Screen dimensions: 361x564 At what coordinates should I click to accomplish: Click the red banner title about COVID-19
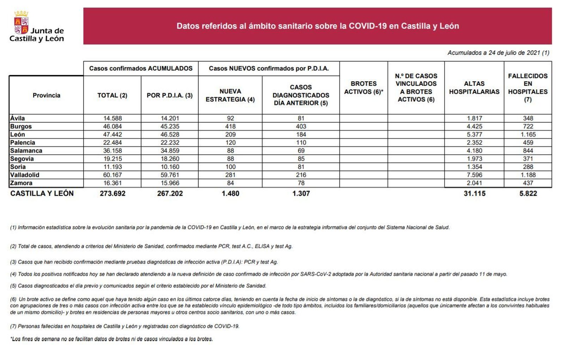tap(317, 26)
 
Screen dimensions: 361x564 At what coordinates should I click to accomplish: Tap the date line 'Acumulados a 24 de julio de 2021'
tap(498, 53)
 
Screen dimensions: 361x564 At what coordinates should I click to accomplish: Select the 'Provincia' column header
tap(46, 95)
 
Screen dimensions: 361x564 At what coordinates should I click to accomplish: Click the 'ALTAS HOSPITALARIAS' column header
tap(474, 88)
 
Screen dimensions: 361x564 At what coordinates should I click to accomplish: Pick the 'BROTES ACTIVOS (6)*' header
tap(363, 88)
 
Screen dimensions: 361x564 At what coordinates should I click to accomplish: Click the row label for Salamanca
tap(26, 151)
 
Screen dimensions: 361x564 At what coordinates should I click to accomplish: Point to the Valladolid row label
tap(25, 175)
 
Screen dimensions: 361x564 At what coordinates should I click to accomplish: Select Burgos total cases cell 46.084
tap(112, 126)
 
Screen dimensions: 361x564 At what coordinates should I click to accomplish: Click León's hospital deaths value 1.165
tap(528, 134)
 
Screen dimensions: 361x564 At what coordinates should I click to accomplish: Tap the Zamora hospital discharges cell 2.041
tap(474, 183)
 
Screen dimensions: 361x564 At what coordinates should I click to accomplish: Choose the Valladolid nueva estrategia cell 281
tap(230, 175)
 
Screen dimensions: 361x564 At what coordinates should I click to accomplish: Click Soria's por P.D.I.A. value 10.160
tap(170, 167)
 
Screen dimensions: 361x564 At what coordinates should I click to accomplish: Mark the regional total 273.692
tap(112, 193)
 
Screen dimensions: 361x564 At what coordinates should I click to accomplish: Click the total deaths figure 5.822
tap(528, 193)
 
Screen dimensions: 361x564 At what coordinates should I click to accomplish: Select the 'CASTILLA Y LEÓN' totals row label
tap(42, 193)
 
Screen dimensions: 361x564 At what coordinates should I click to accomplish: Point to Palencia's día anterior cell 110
tap(301, 143)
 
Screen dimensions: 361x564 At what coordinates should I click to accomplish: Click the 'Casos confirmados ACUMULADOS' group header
tap(141, 68)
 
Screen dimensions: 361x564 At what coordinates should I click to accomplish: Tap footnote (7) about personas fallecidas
tap(125, 326)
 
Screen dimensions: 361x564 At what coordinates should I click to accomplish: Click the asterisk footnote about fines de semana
tap(111, 339)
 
